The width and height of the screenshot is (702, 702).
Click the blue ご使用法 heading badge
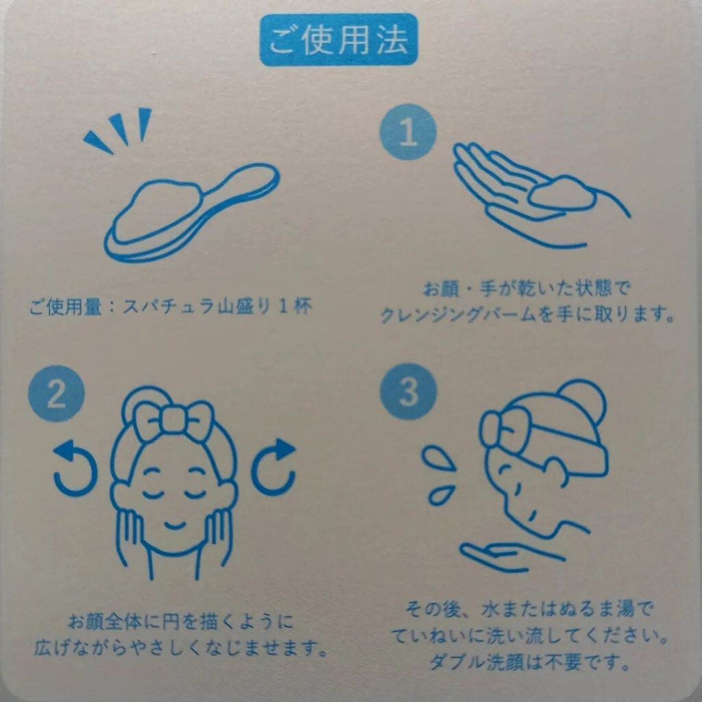[339, 40]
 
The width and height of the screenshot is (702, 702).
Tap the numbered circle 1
[408, 132]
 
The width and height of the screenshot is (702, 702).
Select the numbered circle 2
[56, 394]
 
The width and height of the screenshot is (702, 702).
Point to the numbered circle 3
[408, 391]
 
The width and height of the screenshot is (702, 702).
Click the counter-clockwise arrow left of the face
[74, 467]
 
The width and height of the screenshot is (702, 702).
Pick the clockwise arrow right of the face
[274, 467]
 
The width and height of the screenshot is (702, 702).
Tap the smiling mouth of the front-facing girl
[175, 524]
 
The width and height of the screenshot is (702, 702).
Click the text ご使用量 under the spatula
[66, 308]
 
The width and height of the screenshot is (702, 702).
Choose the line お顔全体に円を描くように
[180, 621]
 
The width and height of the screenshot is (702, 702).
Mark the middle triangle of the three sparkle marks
[120, 128]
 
